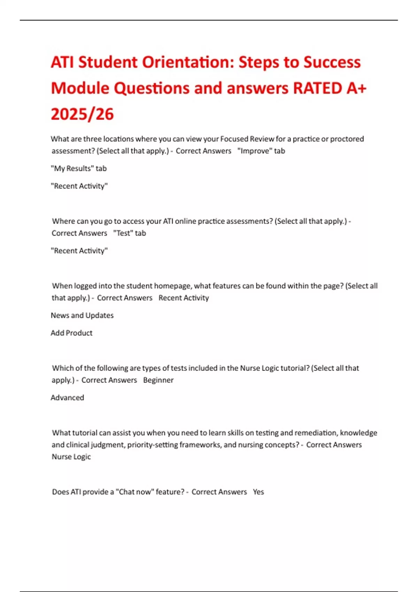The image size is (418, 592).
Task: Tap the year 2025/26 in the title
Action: [82, 114]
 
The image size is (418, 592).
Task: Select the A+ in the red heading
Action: [356, 88]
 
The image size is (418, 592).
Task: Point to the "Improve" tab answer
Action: [261, 151]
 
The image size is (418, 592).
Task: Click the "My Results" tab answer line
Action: [79, 169]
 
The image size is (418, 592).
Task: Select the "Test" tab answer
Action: [130, 233]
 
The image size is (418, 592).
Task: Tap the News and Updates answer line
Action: [82, 316]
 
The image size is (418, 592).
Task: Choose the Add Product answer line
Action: [71, 333]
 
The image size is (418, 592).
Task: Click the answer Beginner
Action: [158, 380]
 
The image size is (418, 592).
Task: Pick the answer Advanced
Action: [67, 398]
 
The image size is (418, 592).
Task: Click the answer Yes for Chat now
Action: [258, 492]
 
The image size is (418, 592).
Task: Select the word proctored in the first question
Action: [347, 139]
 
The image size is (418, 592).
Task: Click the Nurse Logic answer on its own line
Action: [71, 457]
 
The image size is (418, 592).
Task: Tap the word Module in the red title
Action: [80, 88]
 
